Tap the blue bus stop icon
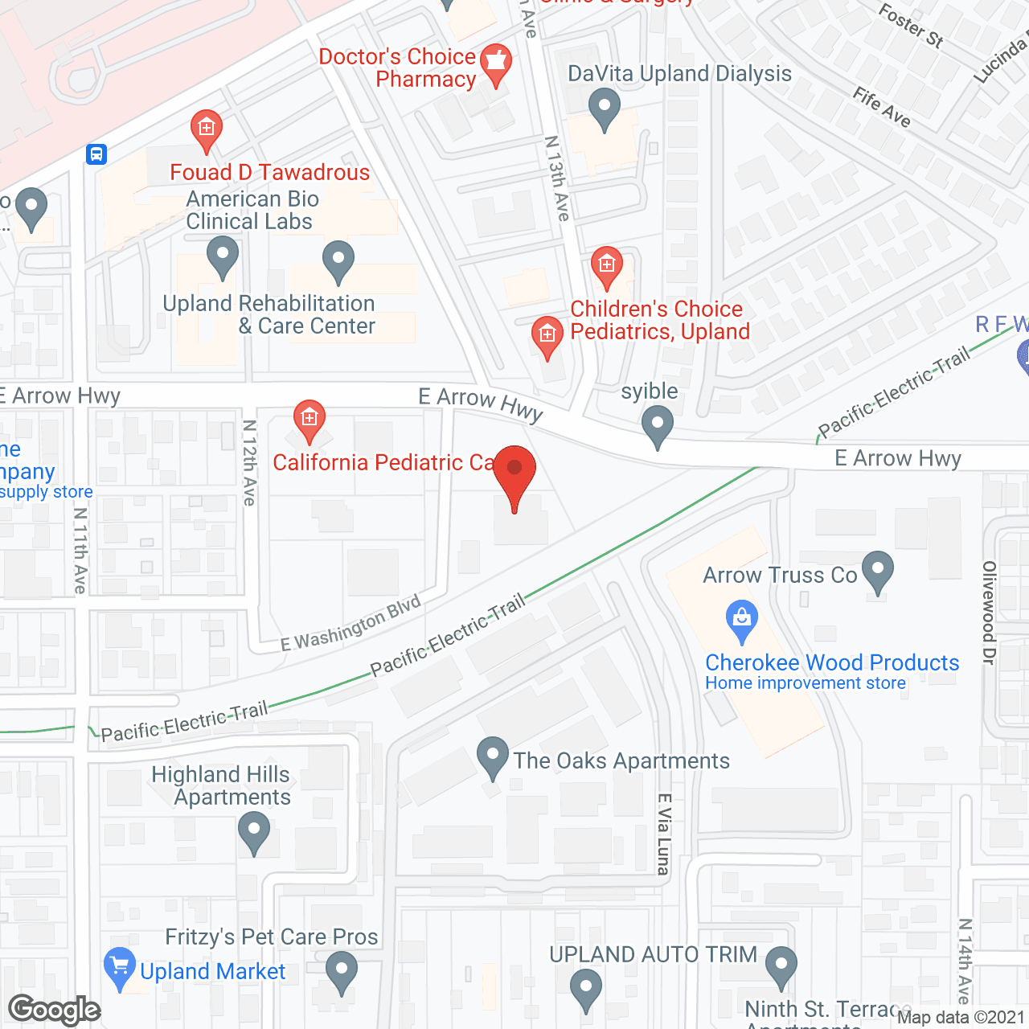96,154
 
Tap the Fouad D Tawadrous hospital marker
207,129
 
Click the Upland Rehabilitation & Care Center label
269,314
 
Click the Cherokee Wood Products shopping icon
741,619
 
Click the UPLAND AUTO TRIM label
653,954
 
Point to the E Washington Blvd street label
351,623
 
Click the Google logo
54,1010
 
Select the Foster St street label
911,25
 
